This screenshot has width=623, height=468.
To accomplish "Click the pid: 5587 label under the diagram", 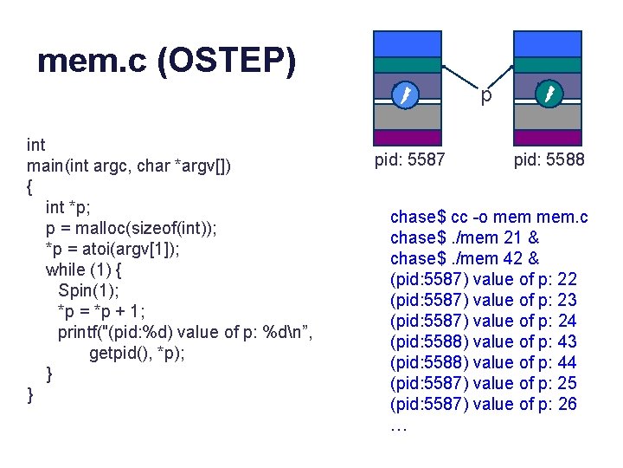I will [x=409, y=160].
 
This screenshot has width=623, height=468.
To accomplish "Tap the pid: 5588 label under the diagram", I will [x=549, y=160].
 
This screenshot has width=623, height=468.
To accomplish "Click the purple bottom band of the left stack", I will [x=407, y=137].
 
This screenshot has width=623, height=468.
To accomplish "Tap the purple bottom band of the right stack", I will [x=548, y=137].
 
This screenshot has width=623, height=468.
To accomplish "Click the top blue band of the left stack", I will [x=407, y=43].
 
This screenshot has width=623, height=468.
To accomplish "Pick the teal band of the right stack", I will [x=548, y=65].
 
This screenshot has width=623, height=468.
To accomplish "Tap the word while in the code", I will [x=66, y=270].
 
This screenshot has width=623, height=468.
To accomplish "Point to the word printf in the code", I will [x=82, y=332].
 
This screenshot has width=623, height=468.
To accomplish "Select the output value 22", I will [x=568, y=279].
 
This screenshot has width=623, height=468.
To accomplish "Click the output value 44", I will [x=568, y=362].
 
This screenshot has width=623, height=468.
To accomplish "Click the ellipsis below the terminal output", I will [x=398, y=426].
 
